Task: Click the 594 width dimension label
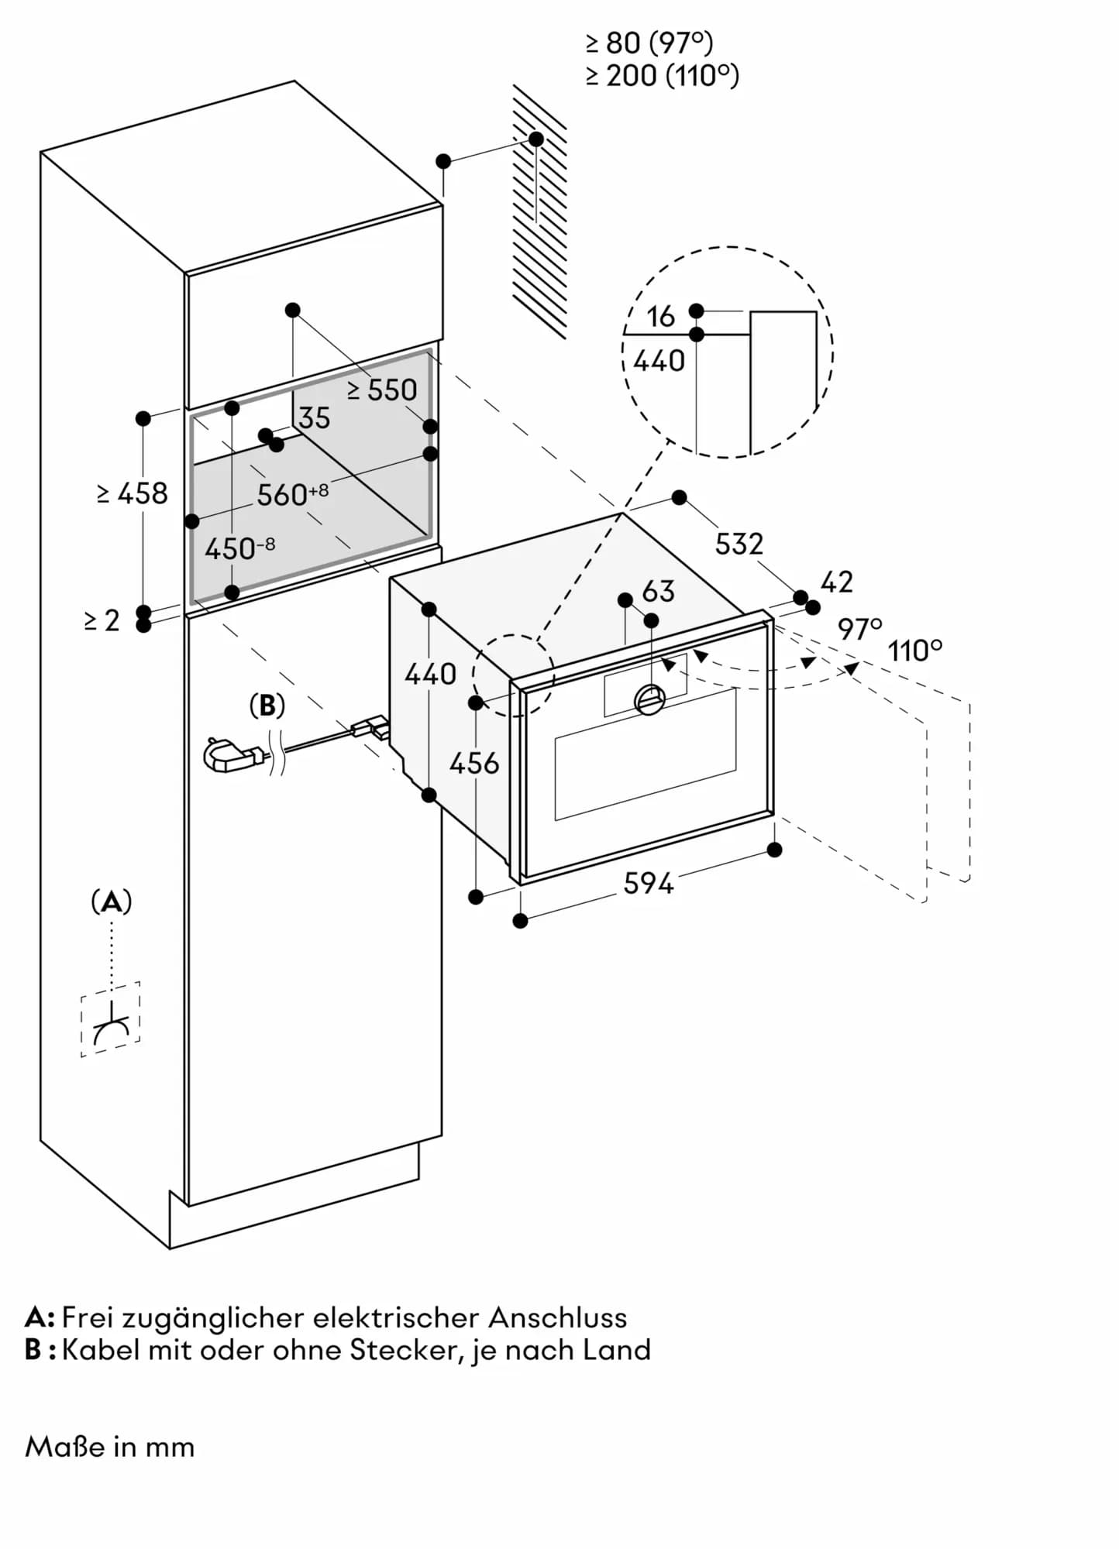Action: [648, 883]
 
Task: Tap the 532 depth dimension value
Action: [739, 544]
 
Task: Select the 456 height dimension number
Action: [474, 764]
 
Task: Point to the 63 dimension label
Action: [659, 592]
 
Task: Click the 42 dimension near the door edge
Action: [836, 582]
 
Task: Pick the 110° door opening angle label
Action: [915, 651]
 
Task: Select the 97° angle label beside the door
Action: [859, 628]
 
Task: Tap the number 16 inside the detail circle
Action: [660, 316]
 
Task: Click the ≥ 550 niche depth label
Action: [382, 390]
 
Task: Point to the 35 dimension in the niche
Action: [315, 418]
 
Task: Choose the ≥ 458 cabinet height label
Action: [133, 493]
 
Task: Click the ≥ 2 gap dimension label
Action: [102, 620]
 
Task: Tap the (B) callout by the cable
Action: [267, 705]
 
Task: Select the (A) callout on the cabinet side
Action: [112, 902]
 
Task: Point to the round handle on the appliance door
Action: [649, 699]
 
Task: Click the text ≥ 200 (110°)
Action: [663, 76]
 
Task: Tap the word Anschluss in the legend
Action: [557, 1317]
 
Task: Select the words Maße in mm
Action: [110, 1447]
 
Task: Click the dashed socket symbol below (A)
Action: [111, 1020]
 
